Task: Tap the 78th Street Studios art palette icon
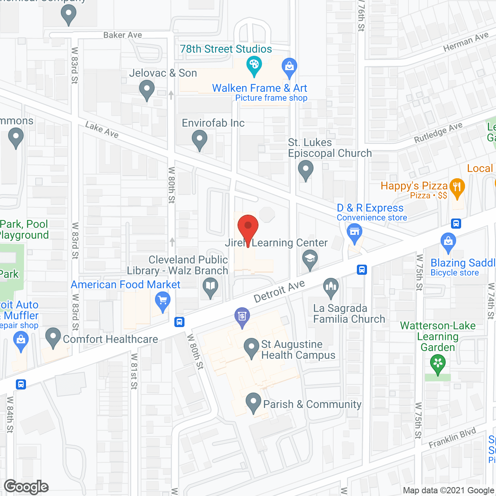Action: (254, 65)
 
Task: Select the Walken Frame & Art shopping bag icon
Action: (289, 66)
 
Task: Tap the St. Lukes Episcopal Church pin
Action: (306, 169)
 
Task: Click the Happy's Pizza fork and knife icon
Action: (457, 188)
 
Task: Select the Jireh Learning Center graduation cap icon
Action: (310, 258)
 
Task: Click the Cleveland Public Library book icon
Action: (210, 287)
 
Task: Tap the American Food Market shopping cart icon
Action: (163, 301)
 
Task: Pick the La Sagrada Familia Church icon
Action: (331, 288)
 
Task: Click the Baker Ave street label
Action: (122, 35)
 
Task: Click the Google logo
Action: (26, 487)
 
